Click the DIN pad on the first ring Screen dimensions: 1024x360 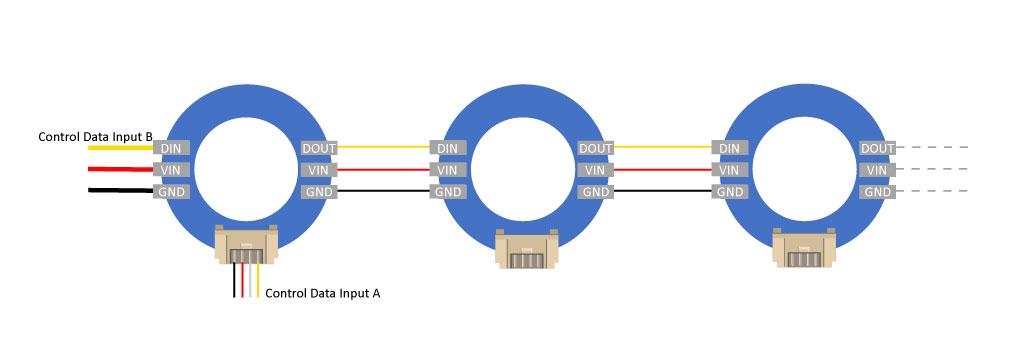point(172,148)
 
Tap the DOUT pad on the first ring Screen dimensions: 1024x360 point(319,148)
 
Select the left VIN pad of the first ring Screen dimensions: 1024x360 point(172,170)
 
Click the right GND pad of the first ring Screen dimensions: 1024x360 point(319,192)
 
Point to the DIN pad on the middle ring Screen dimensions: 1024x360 point(448,148)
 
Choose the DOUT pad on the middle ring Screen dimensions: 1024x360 point(595,148)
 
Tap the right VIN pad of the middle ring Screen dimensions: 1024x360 point(595,170)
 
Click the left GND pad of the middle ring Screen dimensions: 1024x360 point(448,192)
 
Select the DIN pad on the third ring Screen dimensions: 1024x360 point(729,148)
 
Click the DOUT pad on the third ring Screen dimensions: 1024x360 point(877,148)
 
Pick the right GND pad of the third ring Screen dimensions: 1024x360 point(877,192)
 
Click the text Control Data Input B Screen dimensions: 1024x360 point(95,137)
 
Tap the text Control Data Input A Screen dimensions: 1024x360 point(323,293)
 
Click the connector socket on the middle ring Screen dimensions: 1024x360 point(526,249)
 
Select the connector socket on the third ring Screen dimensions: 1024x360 point(804,248)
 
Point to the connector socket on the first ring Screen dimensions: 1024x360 point(246,244)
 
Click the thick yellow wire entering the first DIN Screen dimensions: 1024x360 point(121,148)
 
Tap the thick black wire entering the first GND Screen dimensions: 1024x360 point(121,191)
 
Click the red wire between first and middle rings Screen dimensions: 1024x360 point(383,170)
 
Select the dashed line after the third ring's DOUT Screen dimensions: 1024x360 point(931,148)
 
